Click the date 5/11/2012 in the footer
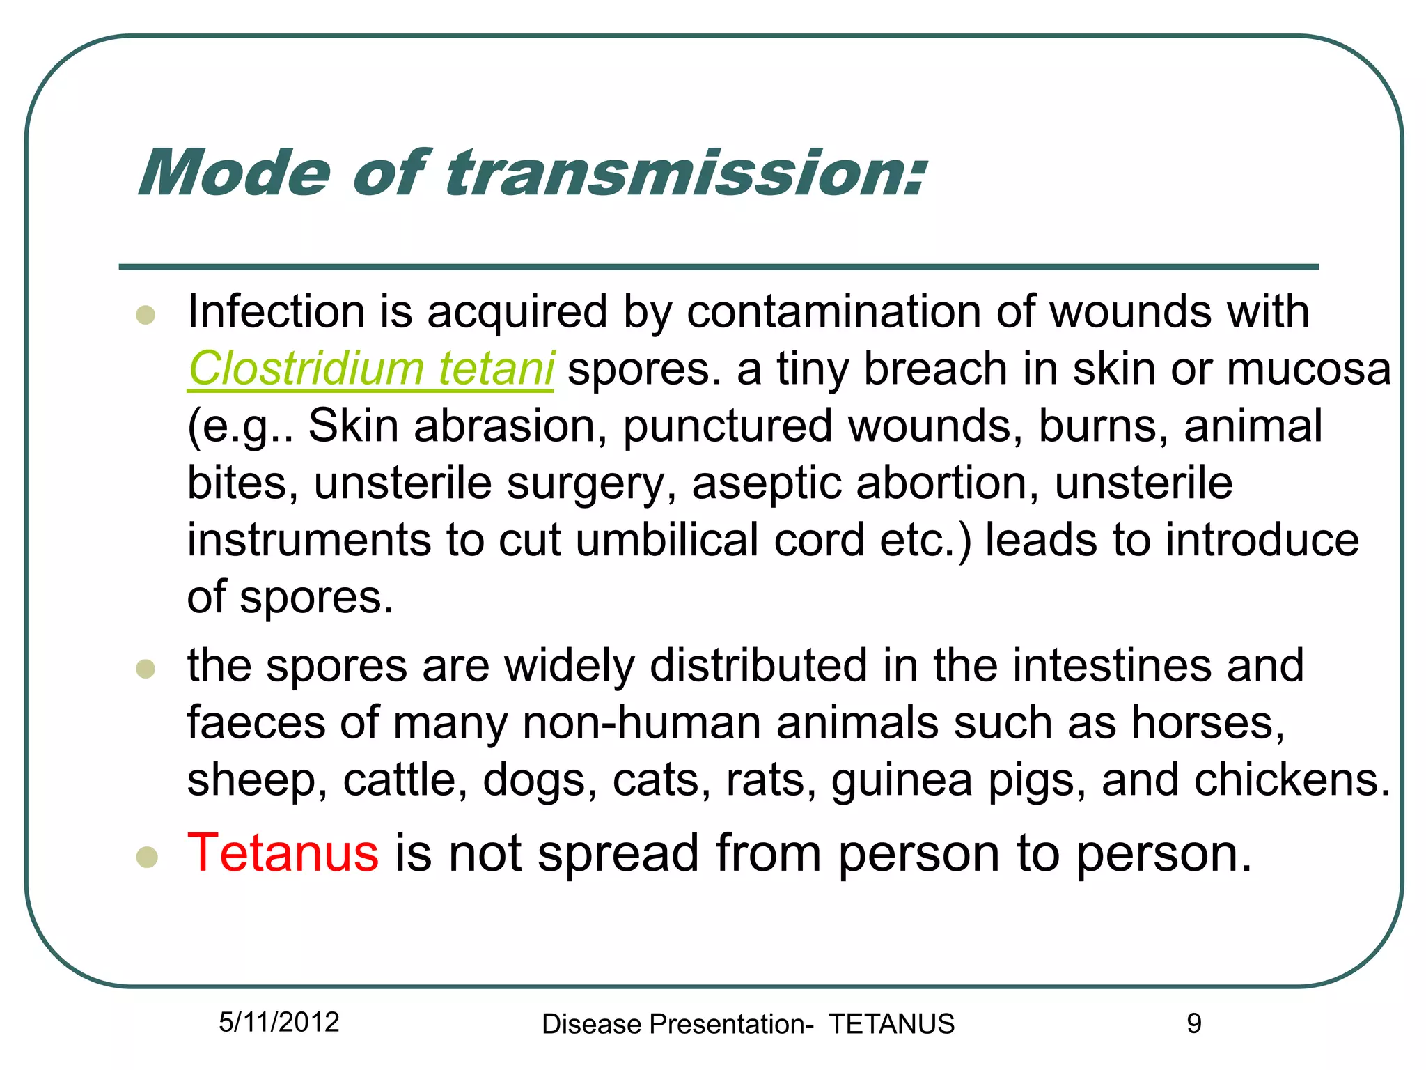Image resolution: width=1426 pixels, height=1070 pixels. (x=279, y=1022)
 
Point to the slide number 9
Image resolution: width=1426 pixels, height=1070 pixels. (x=1193, y=1023)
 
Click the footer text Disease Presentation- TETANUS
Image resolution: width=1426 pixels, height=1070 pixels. (x=748, y=1024)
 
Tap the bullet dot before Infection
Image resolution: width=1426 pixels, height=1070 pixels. (x=146, y=315)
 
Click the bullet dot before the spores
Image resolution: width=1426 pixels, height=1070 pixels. (x=146, y=669)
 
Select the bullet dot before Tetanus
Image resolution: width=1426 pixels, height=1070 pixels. (x=147, y=857)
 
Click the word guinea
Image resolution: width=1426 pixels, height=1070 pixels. (x=902, y=781)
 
